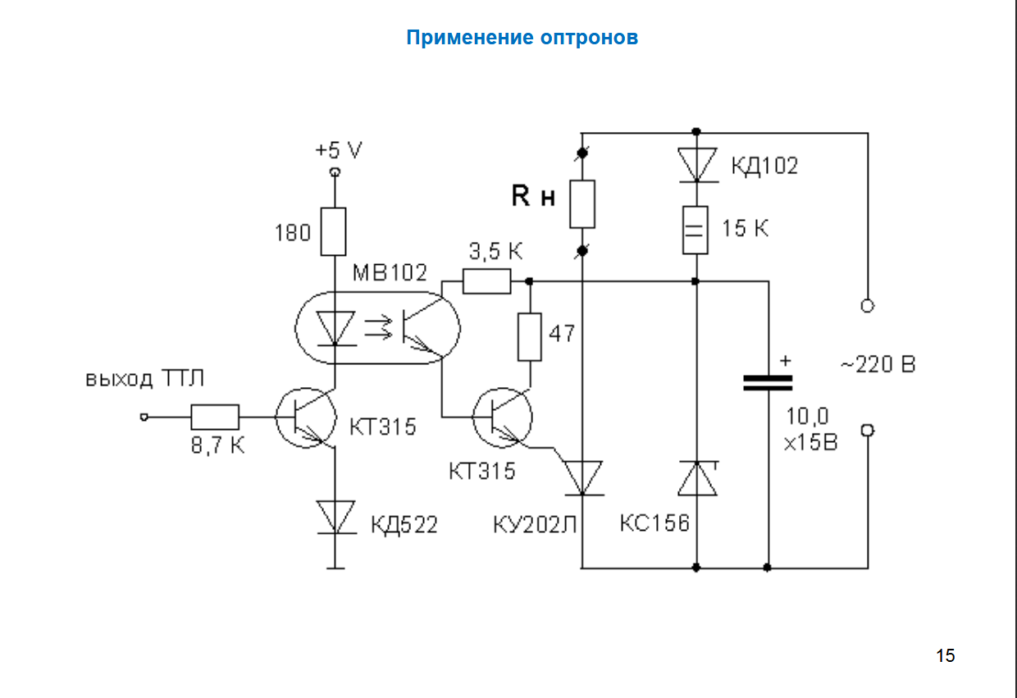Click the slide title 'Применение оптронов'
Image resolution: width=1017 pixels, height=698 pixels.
[x=522, y=38]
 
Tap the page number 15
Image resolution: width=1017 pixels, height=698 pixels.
[x=945, y=655]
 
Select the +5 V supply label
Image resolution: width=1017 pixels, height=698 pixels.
[x=338, y=151]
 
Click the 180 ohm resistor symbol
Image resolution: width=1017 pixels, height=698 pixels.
[x=334, y=231]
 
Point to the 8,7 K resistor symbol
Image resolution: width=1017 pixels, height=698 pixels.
[x=215, y=417]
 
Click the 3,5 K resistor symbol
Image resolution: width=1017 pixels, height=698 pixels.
[x=486, y=282]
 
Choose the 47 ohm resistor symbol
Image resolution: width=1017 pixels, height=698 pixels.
[x=530, y=336]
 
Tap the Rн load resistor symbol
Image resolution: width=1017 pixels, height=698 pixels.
[x=581, y=203]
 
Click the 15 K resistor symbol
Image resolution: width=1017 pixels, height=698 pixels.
[x=695, y=229]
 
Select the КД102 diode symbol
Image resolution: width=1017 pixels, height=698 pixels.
[x=695, y=165]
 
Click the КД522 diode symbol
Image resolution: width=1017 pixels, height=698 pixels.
[x=335, y=517]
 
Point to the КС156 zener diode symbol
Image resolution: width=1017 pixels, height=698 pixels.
[x=696, y=478]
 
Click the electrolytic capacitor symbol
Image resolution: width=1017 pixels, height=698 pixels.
[x=768, y=382]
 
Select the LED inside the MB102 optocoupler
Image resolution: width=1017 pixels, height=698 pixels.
[x=335, y=328]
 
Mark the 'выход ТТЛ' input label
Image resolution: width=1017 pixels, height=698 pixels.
[x=144, y=379]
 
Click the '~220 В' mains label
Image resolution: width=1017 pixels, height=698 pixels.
[x=877, y=364]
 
